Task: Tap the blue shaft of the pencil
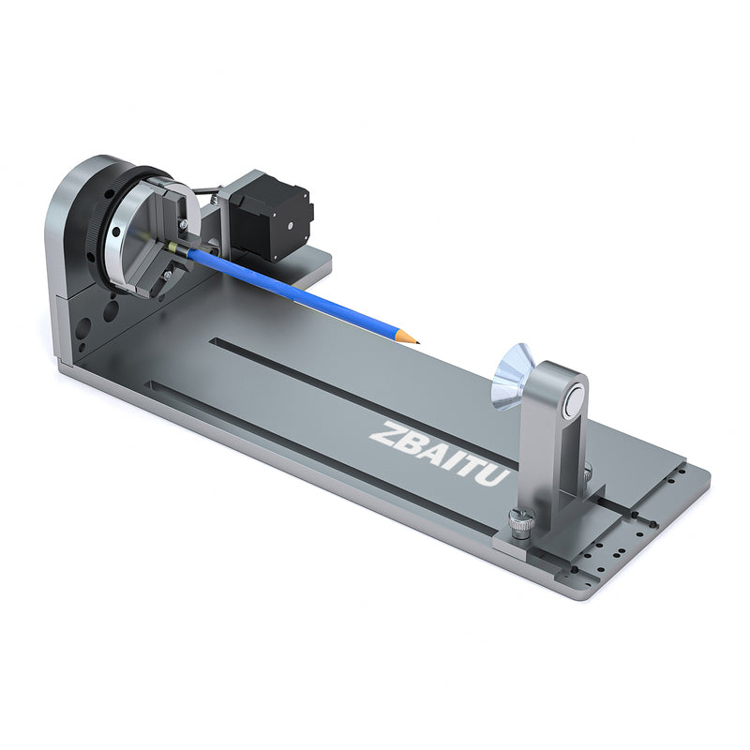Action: (300, 292)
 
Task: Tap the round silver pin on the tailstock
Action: (570, 402)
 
